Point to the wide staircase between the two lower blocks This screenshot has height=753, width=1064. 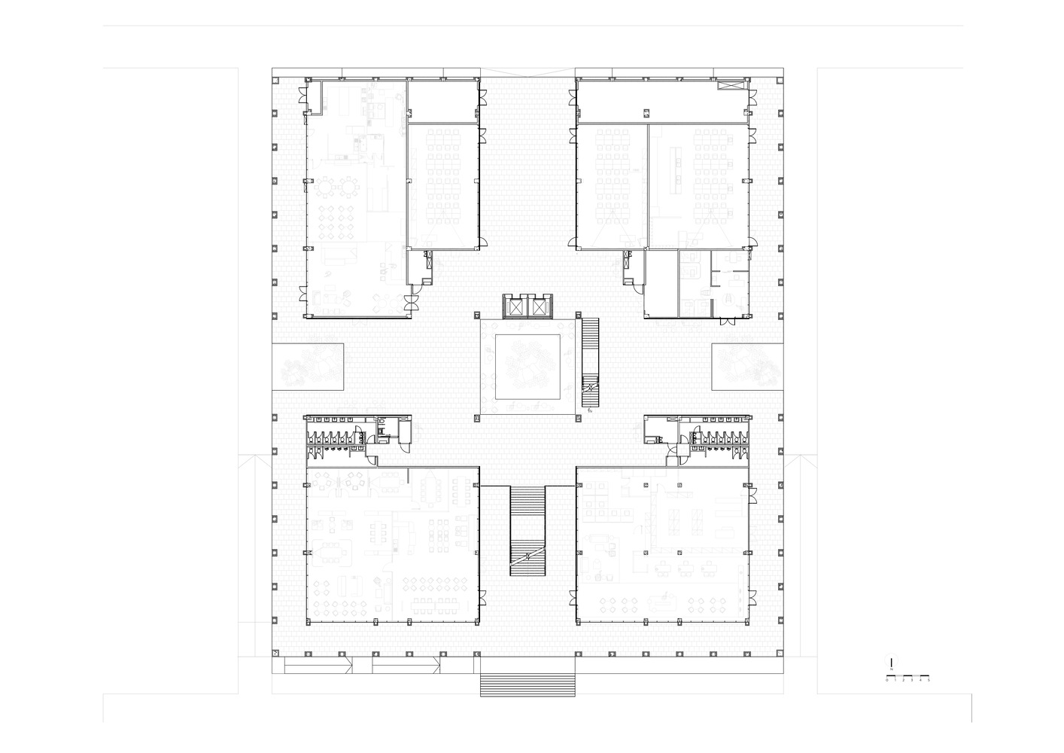527,531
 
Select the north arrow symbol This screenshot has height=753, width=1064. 890,663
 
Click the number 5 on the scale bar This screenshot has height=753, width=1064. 929,680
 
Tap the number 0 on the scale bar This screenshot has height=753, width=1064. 886,680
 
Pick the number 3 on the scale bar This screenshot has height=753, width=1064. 912,680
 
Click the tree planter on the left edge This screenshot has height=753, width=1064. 309,366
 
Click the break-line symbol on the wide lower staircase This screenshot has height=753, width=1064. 527,556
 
